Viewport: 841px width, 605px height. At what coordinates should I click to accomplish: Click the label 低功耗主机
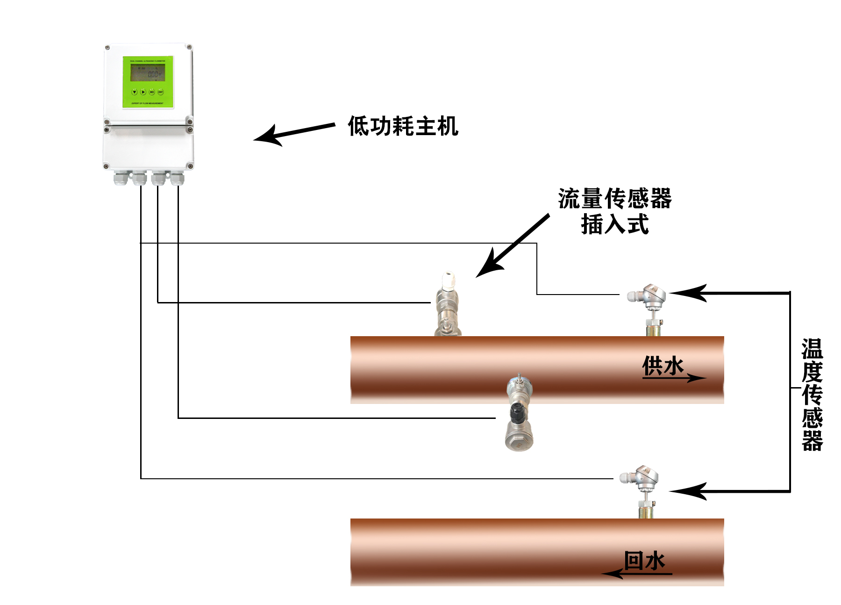(403, 126)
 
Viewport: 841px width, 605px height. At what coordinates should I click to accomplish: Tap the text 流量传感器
(615, 199)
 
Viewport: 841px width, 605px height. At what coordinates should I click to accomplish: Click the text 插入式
(615, 224)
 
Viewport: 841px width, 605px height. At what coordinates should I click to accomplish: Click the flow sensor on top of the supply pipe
(447, 304)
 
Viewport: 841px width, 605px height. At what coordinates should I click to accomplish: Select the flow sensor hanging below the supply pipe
(519, 414)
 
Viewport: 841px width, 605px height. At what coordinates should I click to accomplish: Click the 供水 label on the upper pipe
(663, 365)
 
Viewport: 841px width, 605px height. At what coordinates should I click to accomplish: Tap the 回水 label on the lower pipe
(645, 560)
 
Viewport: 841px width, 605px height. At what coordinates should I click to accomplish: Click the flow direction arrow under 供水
(675, 378)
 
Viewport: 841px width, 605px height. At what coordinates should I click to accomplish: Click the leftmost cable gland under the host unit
(121, 178)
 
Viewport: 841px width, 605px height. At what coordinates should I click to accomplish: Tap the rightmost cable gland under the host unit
(177, 178)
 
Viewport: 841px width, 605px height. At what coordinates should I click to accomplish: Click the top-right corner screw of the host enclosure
(189, 47)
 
